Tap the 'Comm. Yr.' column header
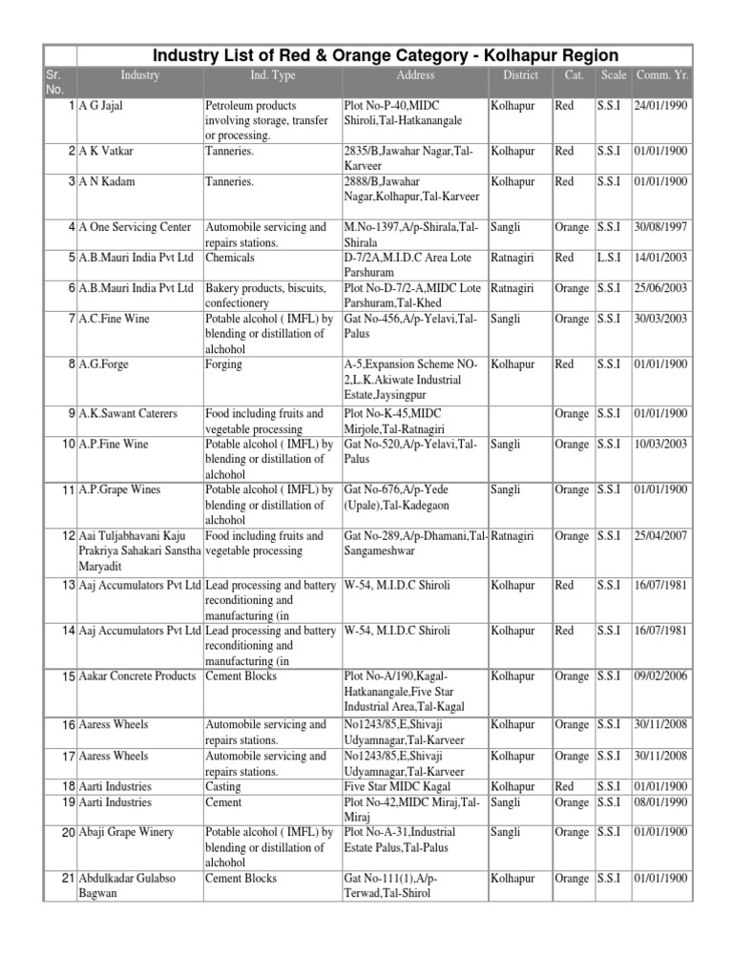(660, 75)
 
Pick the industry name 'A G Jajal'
(101, 106)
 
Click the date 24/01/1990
(660, 106)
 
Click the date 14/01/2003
(660, 259)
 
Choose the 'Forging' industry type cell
(223, 364)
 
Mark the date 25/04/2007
(660, 536)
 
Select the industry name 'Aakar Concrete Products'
(137, 676)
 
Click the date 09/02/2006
(660, 676)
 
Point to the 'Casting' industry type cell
(222, 787)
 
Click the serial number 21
(68, 879)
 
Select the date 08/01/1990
(660, 802)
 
